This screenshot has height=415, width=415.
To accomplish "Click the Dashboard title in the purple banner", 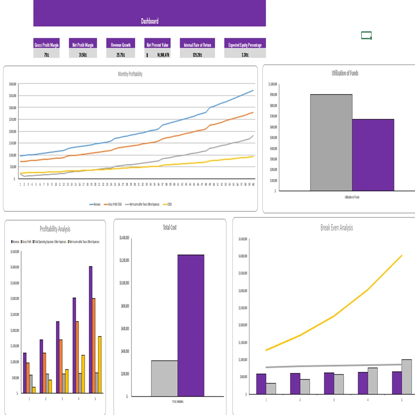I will coord(149,21).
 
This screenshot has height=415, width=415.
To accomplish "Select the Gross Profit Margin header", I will coord(46,45).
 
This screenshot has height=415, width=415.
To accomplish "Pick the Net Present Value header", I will coord(158,45).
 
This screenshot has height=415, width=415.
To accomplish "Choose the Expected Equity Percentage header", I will coord(245,45).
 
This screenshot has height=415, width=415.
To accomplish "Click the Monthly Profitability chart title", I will coord(130,74).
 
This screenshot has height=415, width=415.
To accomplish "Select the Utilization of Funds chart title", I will coord(345,73).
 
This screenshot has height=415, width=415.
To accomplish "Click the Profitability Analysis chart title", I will coord(55,229).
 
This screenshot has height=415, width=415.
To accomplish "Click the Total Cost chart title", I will coord(170,227).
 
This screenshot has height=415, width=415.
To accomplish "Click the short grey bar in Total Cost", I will coord(164,378).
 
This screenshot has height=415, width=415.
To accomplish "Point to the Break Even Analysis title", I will coord(337,227).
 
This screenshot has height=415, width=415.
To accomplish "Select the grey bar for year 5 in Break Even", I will coord(407,376).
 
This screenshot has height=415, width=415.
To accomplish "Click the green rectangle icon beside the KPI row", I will coord(366,36).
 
